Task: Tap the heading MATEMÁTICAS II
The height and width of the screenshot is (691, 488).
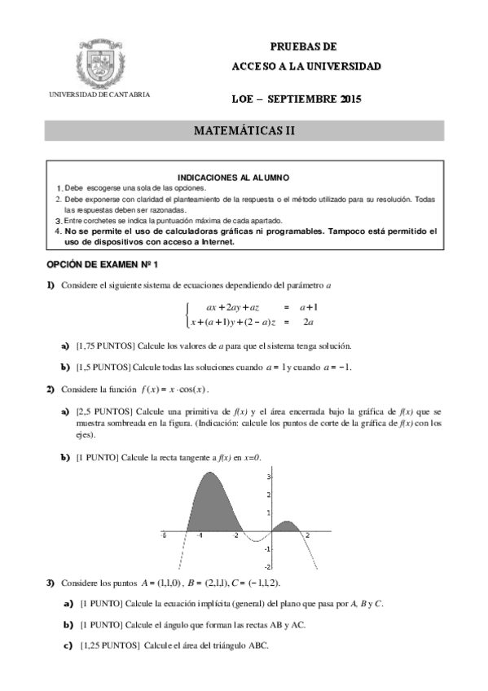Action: click(244, 131)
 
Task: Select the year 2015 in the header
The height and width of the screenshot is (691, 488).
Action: click(348, 99)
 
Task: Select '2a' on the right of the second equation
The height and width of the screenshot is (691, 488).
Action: click(309, 323)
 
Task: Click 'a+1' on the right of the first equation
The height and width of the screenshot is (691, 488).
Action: click(309, 307)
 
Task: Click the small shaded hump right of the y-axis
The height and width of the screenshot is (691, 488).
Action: click(285, 526)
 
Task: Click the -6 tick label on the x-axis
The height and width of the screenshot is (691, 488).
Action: click(164, 536)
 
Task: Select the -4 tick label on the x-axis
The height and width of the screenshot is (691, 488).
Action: click(200, 536)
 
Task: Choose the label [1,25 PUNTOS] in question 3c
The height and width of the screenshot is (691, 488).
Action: click(110, 645)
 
